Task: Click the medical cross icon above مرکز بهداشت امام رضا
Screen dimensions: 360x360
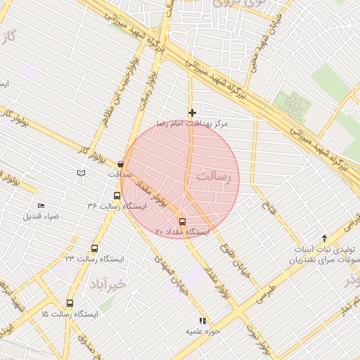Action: pyautogui.click(x=192, y=112)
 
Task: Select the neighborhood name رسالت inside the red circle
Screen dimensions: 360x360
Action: pyautogui.click(x=214, y=176)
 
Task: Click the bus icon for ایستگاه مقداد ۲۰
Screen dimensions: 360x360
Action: pyautogui.click(x=183, y=221)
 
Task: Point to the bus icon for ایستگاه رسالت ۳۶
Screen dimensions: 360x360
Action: pyautogui.click(x=117, y=196)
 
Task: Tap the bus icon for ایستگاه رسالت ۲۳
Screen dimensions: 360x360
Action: pyautogui.click(x=94, y=248)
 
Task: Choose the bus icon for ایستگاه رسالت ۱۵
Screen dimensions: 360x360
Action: pyautogui.click(x=69, y=304)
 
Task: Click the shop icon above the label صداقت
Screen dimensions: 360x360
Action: pyautogui.click(x=120, y=164)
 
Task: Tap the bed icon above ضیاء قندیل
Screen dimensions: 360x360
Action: pyautogui.click(x=41, y=205)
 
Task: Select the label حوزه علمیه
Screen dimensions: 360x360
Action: pyautogui.click(x=203, y=330)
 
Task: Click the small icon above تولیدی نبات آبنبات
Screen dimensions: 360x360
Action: pyautogui.click(x=324, y=238)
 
